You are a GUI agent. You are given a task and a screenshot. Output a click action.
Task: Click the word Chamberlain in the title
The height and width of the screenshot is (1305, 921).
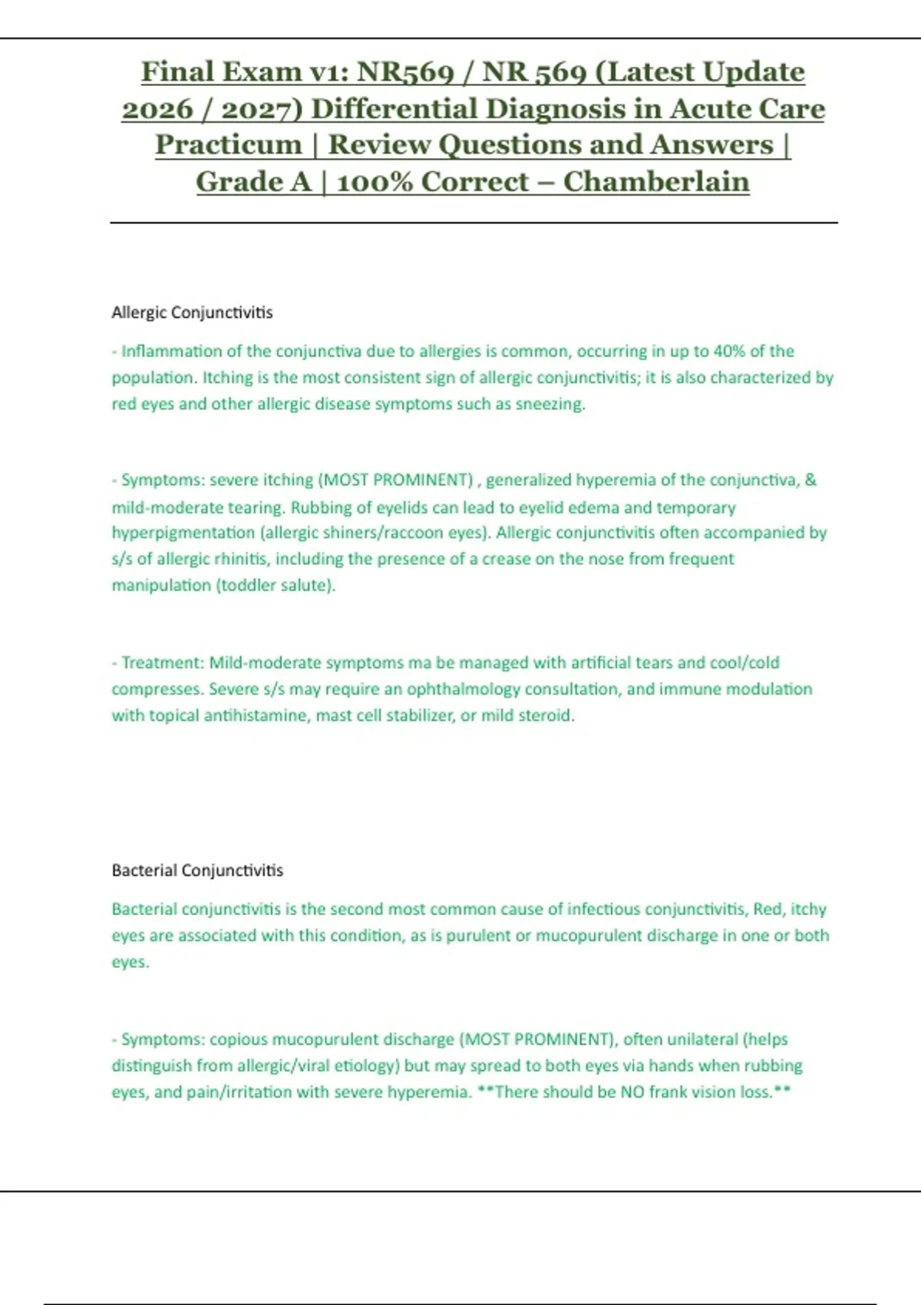[x=656, y=182]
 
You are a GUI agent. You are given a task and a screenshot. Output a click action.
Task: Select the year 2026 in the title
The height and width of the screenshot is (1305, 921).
[x=157, y=109]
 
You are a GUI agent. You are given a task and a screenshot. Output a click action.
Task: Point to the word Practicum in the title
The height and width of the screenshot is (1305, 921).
[x=229, y=145]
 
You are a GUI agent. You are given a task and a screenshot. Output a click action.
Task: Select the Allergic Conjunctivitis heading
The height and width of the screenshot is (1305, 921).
[x=192, y=312]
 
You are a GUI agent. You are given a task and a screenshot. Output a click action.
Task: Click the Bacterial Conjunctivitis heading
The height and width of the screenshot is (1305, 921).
[x=197, y=871]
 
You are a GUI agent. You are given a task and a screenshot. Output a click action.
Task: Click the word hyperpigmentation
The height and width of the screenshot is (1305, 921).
[x=183, y=533]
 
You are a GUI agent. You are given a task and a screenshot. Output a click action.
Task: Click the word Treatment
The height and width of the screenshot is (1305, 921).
[x=163, y=662]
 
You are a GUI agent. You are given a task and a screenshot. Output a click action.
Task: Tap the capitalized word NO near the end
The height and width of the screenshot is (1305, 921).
[x=632, y=1092]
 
